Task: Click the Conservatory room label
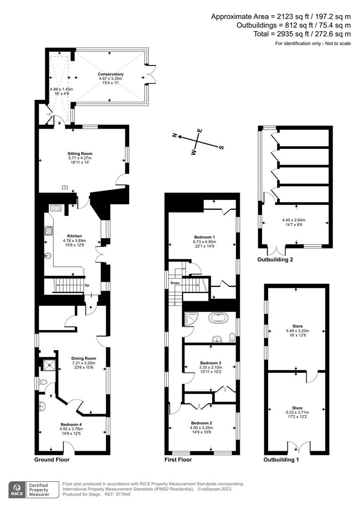pyautogui.click(x=111, y=74)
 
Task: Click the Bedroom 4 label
pyautogui.click(x=71, y=424)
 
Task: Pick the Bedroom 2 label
pyautogui.click(x=201, y=423)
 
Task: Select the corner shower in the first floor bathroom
pyautogui.click(x=191, y=320)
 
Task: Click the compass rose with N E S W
pyautogui.click(x=198, y=140)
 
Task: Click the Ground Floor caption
pyautogui.click(x=52, y=460)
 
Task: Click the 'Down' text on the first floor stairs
pyautogui.click(x=175, y=283)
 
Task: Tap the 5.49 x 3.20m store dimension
pyautogui.click(x=295, y=331)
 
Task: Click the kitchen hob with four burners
pyautogui.click(x=48, y=230)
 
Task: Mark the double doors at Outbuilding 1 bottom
pyautogui.click(x=296, y=446)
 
